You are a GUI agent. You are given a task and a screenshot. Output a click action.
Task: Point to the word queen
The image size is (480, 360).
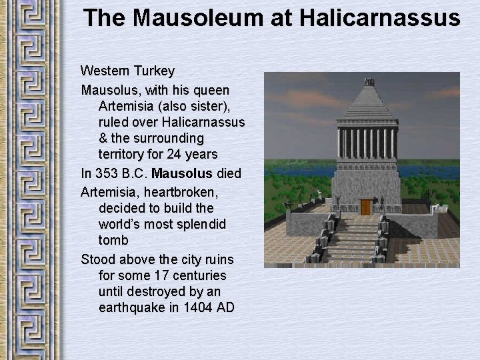(x=211, y=89)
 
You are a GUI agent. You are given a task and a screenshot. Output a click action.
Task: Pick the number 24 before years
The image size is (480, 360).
(x=173, y=155)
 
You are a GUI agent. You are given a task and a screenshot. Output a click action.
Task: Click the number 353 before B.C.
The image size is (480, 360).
(x=107, y=173)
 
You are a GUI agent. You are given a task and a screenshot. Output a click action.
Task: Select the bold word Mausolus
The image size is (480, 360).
(x=182, y=173)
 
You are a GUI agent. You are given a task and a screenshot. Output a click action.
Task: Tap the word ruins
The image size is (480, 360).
(x=217, y=259)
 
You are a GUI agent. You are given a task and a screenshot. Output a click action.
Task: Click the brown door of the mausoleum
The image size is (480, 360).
(x=366, y=207)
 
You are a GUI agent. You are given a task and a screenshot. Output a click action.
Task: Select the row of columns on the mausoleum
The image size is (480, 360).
(x=367, y=142)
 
